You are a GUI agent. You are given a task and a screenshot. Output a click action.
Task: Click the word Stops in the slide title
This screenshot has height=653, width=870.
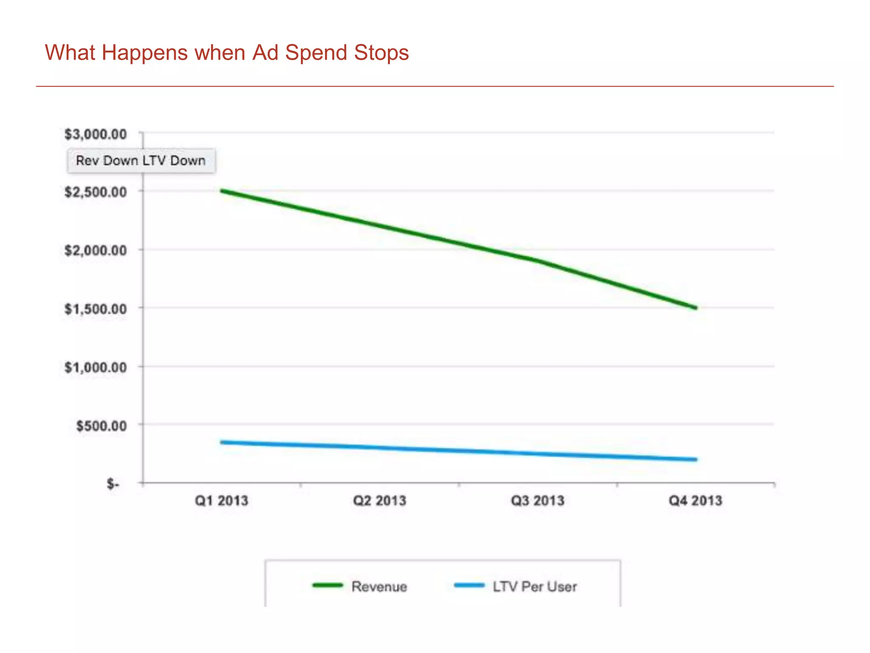tap(381, 53)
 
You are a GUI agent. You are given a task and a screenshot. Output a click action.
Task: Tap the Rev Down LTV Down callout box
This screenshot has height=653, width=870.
tap(141, 161)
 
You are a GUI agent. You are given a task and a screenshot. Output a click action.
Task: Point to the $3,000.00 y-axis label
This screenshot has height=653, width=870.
tap(96, 134)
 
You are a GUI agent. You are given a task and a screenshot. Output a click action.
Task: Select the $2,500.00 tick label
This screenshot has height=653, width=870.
tap(96, 192)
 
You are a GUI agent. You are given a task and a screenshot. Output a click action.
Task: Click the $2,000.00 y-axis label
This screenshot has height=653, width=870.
tap(96, 250)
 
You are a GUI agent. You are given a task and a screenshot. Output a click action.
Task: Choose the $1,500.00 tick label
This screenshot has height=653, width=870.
tap(96, 309)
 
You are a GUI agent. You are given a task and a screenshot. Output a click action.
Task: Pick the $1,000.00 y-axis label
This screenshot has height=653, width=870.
tap(96, 367)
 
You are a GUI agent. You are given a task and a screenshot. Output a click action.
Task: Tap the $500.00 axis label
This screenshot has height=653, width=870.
tap(101, 426)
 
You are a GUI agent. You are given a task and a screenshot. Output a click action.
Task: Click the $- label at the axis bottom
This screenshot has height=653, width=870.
tap(113, 484)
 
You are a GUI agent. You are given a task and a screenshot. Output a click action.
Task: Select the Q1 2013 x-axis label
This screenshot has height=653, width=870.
tap(221, 500)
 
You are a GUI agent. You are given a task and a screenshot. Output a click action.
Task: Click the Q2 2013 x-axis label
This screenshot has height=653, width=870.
tap(379, 500)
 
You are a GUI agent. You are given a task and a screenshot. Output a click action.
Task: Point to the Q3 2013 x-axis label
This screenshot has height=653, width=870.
tap(537, 500)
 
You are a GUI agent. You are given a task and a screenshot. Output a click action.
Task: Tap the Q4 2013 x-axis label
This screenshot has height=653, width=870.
tap(695, 500)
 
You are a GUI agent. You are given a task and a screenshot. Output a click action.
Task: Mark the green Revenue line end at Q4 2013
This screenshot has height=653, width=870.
tap(695, 307)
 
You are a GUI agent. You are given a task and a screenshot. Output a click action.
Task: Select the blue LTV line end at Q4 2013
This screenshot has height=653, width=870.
tap(695, 460)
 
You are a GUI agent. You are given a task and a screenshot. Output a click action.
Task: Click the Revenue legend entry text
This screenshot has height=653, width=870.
tap(379, 587)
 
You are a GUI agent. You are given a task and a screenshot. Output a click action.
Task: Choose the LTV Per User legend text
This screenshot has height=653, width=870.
tap(534, 587)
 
